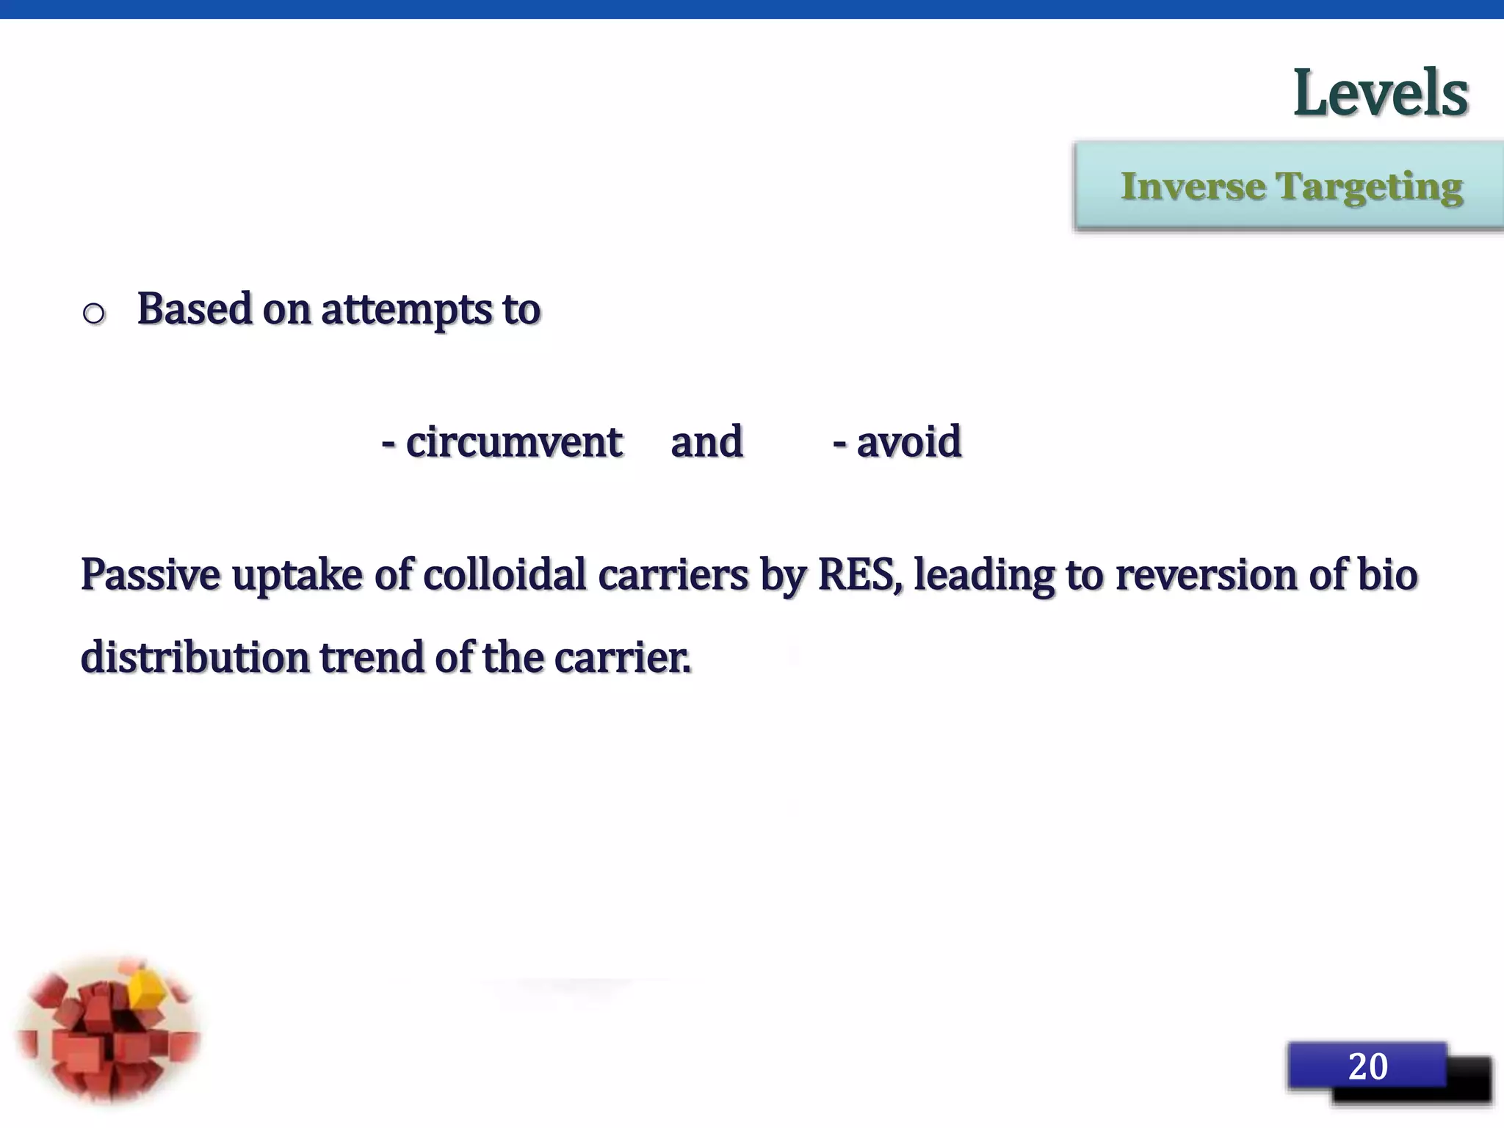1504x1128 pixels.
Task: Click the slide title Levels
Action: [1380, 93]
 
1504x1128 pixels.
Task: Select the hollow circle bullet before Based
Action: [94, 314]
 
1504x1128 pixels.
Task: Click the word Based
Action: [195, 308]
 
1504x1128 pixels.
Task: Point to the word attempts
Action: [406, 310]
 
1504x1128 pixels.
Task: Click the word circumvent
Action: [513, 442]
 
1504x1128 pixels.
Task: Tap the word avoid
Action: [908, 442]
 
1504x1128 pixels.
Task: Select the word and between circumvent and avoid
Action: [706, 442]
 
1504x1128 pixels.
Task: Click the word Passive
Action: [150, 574]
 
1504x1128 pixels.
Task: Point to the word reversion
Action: [1205, 574]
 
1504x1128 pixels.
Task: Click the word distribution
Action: [195, 657]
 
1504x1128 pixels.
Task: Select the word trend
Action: [372, 657]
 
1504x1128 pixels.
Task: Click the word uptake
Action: [297, 576]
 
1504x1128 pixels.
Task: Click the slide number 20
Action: [1367, 1066]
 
